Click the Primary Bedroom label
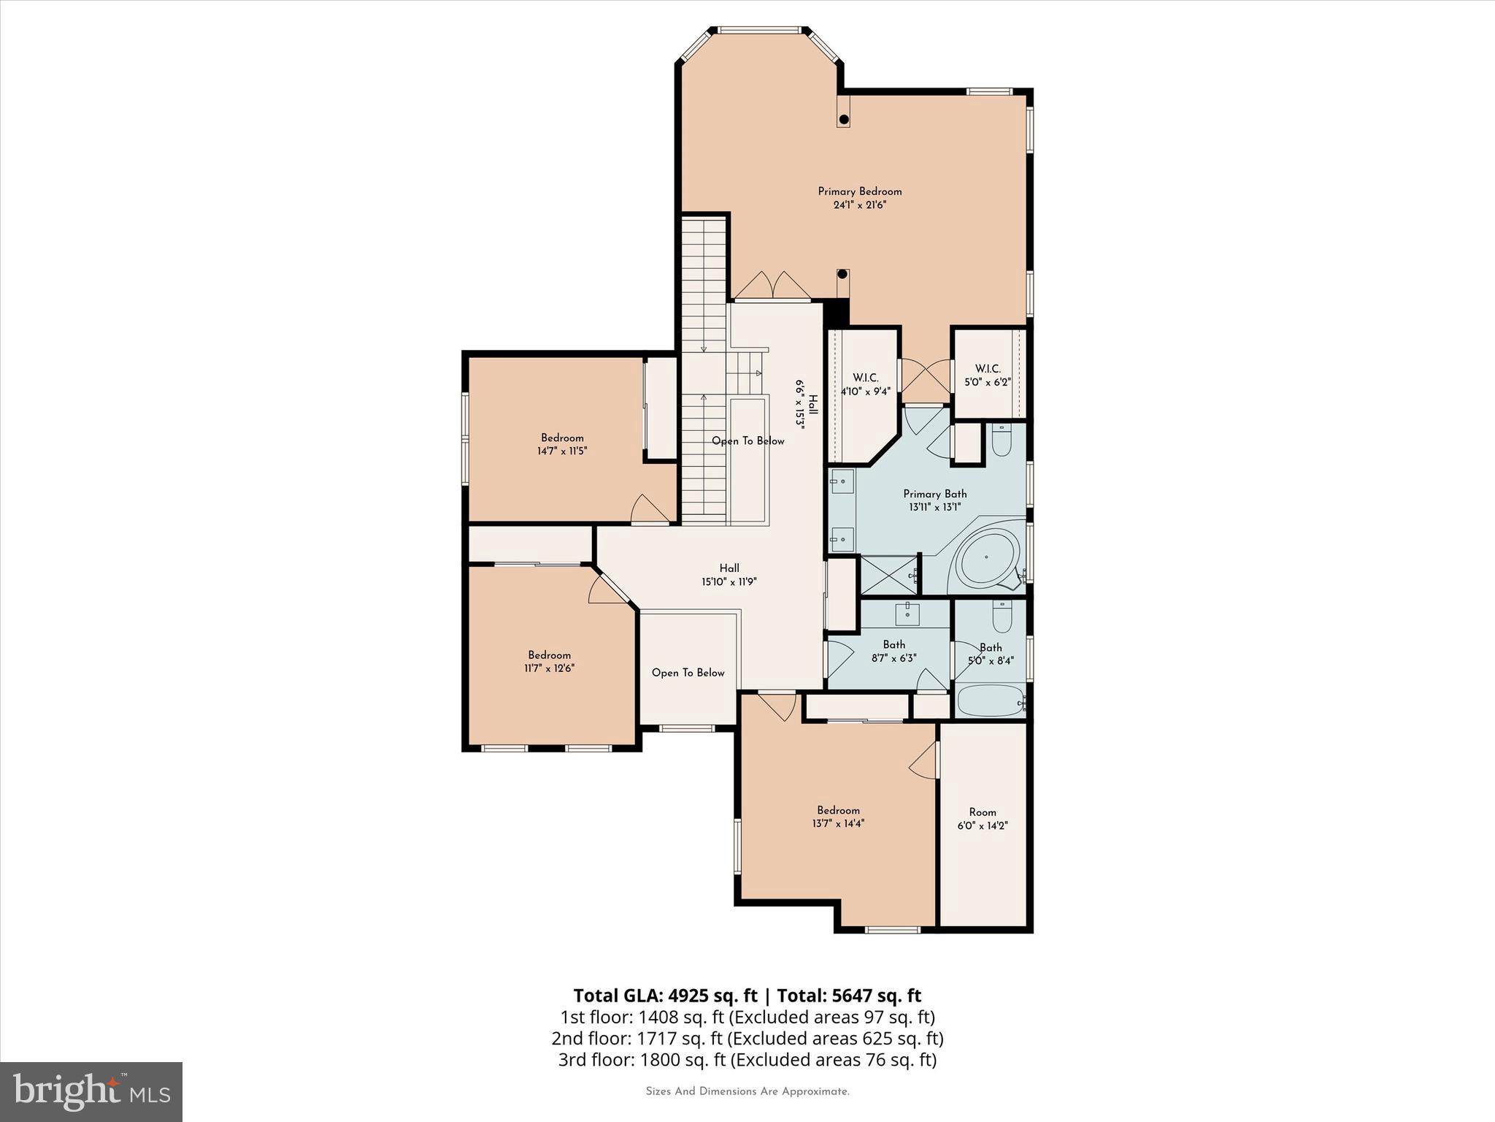coord(859,191)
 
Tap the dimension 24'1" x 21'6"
coord(859,205)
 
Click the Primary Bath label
coord(934,494)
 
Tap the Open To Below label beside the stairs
coord(748,441)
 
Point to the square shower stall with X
coord(890,575)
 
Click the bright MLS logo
coord(91,1091)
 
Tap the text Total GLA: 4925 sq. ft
coord(666,996)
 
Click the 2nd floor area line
coord(747,1038)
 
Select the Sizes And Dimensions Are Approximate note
coord(747,1091)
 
